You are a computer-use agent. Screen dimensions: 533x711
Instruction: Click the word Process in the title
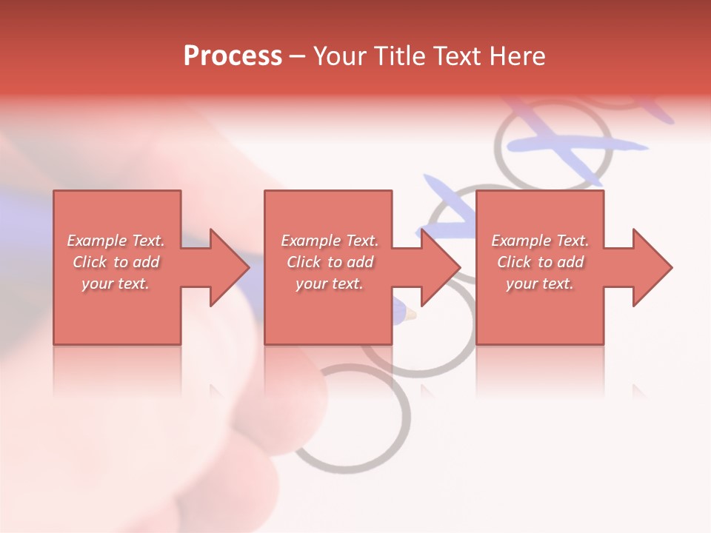pos(233,56)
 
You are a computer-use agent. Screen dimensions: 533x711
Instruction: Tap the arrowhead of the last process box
pos(651,267)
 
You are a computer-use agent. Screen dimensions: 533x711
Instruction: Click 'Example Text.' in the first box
pos(116,241)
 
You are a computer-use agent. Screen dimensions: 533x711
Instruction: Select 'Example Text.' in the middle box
pos(329,241)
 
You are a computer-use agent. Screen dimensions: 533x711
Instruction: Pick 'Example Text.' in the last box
pos(540,241)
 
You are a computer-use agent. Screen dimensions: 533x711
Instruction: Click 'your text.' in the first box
pos(116,284)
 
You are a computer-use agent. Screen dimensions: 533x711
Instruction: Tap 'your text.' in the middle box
pos(329,284)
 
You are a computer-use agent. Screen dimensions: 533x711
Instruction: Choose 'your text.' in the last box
pos(540,284)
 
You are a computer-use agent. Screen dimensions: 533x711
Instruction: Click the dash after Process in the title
pos(298,57)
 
